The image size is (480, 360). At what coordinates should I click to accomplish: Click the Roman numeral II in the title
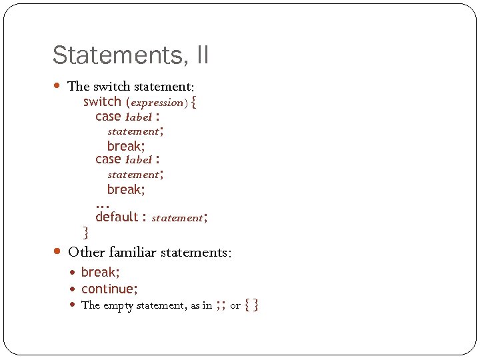202,55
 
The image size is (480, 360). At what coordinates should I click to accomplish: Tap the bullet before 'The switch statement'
58,86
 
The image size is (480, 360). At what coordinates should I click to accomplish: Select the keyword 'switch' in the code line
102,101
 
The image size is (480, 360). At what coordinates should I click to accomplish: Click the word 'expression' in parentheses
156,103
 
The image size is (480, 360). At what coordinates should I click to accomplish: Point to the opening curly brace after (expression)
193,102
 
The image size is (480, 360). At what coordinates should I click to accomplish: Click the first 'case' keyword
108,116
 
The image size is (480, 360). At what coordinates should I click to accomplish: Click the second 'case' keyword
108,159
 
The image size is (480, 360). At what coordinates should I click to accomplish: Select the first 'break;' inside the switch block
126,145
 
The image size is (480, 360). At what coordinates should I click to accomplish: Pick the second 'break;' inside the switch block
126,189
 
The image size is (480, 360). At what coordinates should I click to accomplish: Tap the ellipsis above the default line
102,205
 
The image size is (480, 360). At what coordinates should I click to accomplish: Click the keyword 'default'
117,217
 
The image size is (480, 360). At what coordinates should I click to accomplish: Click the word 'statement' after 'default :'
177,218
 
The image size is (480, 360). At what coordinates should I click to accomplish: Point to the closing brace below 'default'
85,232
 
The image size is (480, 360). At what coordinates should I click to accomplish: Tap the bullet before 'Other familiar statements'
58,252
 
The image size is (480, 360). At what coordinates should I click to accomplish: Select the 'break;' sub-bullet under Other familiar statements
100,272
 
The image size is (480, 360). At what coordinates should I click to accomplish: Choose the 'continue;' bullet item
109,289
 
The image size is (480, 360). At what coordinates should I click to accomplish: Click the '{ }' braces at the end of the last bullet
251,305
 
